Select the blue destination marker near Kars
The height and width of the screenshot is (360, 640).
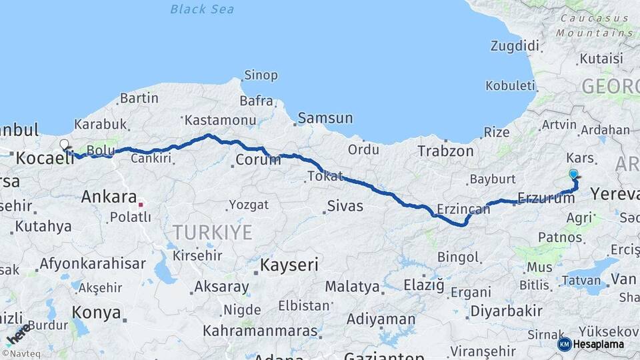click(573, 175)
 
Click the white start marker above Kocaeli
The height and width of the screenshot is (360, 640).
click(64, 144)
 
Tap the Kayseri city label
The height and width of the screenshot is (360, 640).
click(289, 265)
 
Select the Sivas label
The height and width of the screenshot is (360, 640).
click(345, 206)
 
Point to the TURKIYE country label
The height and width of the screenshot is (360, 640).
click(213, 232)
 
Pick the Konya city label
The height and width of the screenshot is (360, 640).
click(96, 313)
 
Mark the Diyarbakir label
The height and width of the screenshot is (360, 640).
click(506, 311)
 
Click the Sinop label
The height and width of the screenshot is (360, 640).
click(261, 75)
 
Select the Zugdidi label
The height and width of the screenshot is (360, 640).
click(514, 46)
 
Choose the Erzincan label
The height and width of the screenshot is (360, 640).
click(463, 209)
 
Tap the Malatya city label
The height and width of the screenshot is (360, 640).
click(353, 287)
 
